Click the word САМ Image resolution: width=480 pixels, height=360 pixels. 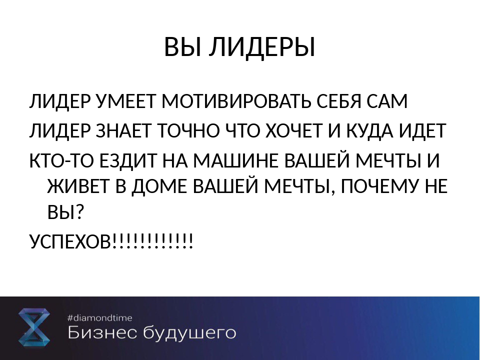coord(386,101)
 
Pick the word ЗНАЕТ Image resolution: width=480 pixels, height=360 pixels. coord(125,131)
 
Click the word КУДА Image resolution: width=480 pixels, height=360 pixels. coord(370,131)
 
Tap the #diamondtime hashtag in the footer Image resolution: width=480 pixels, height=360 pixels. coord(100,318)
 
